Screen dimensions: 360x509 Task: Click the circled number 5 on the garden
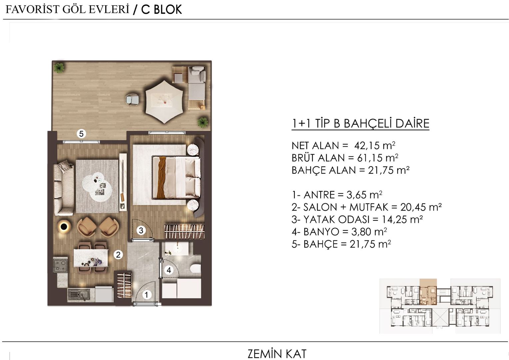[81, 134]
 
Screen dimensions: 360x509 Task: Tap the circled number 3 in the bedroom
[141, 230]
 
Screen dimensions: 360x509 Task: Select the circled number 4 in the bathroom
[169, 270]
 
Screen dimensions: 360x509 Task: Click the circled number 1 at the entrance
[146, 295]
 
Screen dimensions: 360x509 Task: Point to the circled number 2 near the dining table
[118, 255]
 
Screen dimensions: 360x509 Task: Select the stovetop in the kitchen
[61, 265]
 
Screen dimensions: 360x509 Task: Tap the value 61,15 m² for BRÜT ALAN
[377, 158]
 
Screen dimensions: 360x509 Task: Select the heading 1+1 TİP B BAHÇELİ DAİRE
[360, 124]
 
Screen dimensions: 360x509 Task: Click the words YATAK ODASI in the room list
[336, 219]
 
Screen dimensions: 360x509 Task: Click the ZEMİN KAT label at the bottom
[277, 354]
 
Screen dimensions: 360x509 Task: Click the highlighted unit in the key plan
[428, 292]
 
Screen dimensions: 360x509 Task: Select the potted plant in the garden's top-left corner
[59, 68]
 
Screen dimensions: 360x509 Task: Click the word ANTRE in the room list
[319, 195]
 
